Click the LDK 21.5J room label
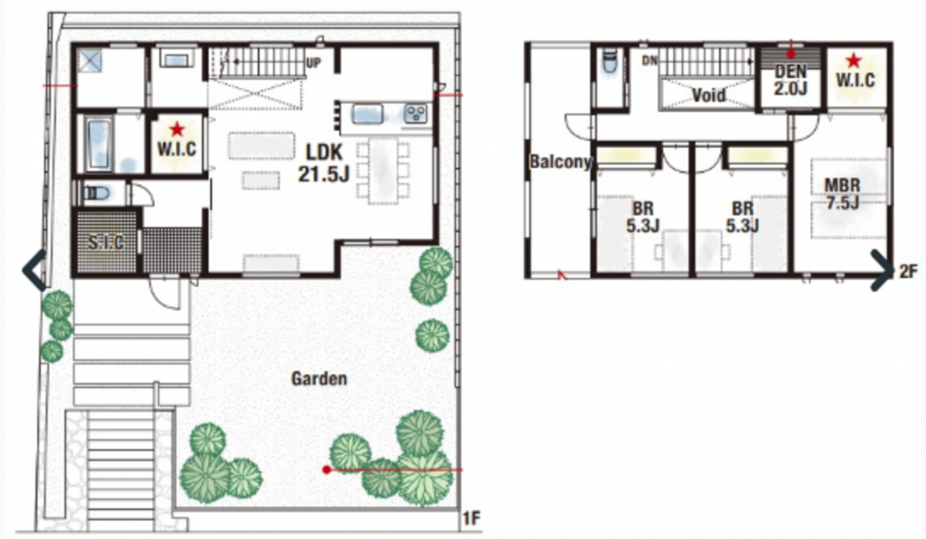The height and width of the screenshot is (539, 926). click(324, 162)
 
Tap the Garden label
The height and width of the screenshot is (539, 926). click(319, 379)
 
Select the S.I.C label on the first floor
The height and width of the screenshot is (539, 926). click(106, 242)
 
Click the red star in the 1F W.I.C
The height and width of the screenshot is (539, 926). click(177, 130)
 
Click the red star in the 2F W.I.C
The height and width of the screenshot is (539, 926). click(854, 60)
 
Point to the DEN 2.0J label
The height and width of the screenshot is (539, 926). click(791, 80)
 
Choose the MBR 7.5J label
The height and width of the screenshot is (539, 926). click(843, 194)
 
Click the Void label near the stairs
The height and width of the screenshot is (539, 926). click(708, 95)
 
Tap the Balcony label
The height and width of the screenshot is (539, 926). click(560, 162)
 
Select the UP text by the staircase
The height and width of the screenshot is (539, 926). click(314, 63)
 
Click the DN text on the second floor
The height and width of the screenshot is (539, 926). click(650, 60)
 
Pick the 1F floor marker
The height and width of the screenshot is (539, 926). click(471, 519)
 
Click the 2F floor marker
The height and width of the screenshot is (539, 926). click(909, 271)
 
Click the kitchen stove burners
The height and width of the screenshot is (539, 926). click(415, 113)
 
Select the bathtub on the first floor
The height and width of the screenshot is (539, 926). click(99, 144)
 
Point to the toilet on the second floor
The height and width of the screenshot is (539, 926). click(609, 62)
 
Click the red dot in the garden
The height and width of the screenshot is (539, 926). click(326, 470)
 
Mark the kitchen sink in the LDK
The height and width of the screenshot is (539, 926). click(368, 114)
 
